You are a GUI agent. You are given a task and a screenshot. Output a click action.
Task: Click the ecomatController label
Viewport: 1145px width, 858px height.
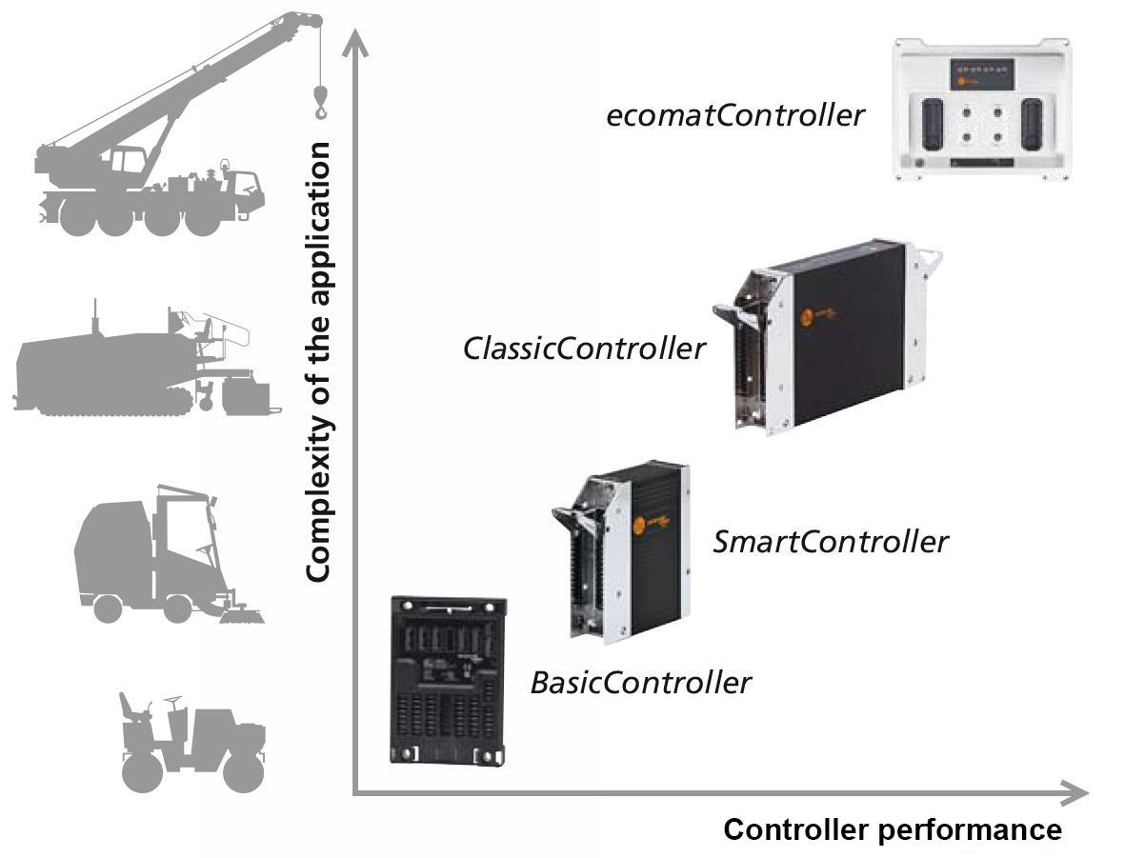[x=735, y=116]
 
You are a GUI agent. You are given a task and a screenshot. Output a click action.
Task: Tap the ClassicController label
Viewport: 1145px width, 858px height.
[x=584, y=349]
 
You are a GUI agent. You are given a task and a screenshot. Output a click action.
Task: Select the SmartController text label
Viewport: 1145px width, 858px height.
[x=831, y=542]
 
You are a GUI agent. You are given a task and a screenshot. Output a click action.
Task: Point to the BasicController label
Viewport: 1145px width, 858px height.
[x=640, y=683]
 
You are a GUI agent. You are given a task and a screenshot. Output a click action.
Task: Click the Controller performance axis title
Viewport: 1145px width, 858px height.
[x=893, y=829]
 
